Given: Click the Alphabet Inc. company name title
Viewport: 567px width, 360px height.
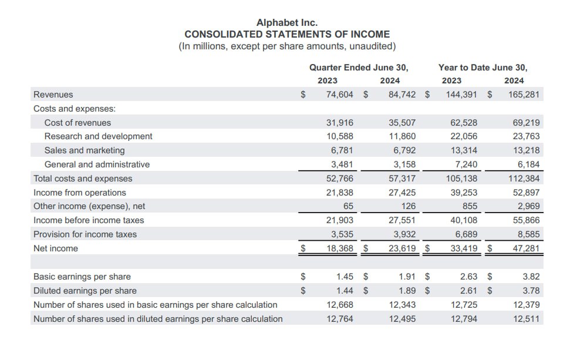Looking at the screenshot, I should [x=287, y=22].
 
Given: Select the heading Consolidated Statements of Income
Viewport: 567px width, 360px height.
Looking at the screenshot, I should [x=287, y=34].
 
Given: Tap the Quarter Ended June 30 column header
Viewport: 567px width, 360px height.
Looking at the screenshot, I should [x=359, y=67].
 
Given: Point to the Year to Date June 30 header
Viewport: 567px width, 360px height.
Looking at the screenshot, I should [x=482, y=67].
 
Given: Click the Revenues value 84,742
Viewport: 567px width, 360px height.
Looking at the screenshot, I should [x=402, y=95].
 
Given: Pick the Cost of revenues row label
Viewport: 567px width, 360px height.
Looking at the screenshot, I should [x=77, y=123].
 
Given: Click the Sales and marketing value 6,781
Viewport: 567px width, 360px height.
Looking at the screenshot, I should [x=342, y=150].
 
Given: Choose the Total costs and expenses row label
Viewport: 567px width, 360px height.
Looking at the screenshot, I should [x=83, y=179].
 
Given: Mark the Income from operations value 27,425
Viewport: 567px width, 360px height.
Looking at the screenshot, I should [x=402, y=193].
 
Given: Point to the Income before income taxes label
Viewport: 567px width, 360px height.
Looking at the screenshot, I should [x=89, y=220].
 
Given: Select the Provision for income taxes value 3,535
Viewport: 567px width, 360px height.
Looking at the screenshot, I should [x=342, y=234].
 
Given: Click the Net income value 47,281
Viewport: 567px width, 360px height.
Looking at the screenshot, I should [x=526, y=248].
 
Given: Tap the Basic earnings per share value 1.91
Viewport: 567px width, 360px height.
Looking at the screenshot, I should [x=407, y=277].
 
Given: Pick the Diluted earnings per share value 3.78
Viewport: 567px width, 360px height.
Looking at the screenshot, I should [x=531, y=291].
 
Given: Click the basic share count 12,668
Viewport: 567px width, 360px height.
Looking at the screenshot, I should [x=340, y=305].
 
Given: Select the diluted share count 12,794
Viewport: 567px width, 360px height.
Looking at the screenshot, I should [x=464, y=319].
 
